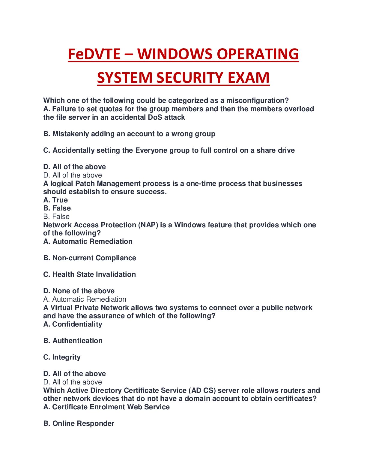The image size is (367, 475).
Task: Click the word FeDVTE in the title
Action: (x=94, y=54)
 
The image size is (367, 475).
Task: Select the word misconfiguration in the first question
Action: (x=257, y=100)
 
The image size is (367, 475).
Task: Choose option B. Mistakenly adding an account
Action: (x=129, y=134)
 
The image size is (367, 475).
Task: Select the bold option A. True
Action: (x=55, y=200)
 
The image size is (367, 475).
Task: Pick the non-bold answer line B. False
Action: (x=56, y=217)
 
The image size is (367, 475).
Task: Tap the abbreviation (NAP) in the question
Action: (x=148, y=225)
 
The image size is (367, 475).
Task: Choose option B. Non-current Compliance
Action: (x=90, y=258)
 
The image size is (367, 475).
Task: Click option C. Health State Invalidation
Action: (x=89, y=274)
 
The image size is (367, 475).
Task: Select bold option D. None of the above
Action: (x=79, y=291)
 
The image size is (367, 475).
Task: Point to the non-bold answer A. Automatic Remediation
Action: (x=85, y=299)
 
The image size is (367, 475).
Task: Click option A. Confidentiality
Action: (x=73, y=324)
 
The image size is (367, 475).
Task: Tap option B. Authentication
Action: (x=73, y=341)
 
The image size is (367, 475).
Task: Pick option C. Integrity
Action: (x=62, y=357)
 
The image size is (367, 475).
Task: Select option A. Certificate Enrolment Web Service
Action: (x=106, y=407)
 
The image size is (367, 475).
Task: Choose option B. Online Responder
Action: (x=79, y=423)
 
